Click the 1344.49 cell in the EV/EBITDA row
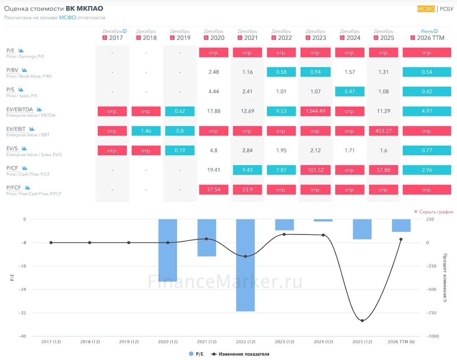click(315, 111)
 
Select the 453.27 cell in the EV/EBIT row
click(383, 131)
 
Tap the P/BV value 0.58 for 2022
click(281, 72)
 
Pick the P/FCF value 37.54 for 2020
click(214, 189)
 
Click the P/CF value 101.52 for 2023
click(315, 170)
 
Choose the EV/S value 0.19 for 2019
click(180, 150)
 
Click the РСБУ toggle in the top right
click(446, 9)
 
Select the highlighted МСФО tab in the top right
click(426, 9)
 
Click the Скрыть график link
click(434, 212)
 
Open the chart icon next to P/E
click(21, 51)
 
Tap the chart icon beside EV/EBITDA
click(39, 109)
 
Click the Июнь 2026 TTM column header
click(427, 35)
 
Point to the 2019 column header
click(180, 35)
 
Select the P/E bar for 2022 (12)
click(245, 265)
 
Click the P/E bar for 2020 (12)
click(167, 250)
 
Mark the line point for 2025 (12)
click(362, 320)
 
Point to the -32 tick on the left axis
click(22, 313)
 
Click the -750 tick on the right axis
click(431, 313)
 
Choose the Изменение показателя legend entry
click(240, 354)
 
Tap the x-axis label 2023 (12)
click(284, 341)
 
